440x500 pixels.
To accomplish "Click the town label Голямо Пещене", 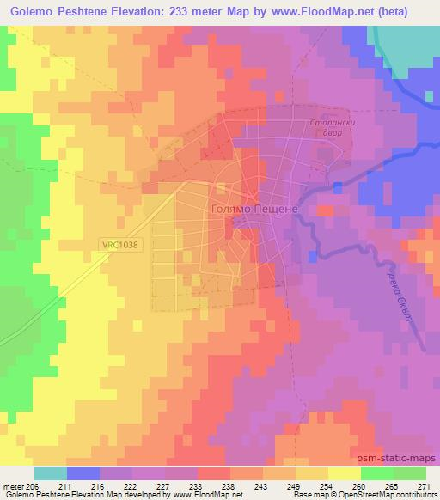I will [254, 209].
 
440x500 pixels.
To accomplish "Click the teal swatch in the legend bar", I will [51, 473].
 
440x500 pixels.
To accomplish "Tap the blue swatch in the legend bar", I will [83, 473].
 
